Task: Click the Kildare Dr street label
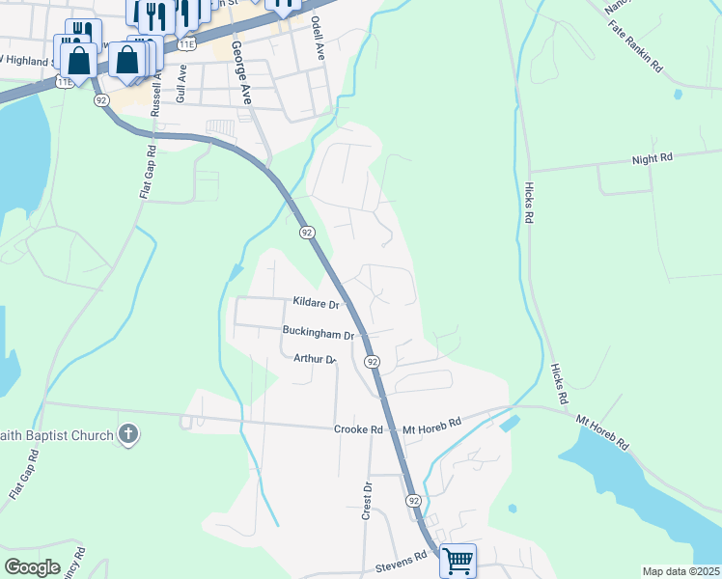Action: coord(316,303)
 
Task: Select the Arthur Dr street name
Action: coord(314,359)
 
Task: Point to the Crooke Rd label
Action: coord(359,428)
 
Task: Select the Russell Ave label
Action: coord(156,92)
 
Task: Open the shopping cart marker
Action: coord(458,561)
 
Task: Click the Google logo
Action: coord(32,567)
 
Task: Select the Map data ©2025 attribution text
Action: coord(680,571)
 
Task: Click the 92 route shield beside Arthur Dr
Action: coord(372,361)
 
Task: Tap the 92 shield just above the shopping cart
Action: coord(413,501)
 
